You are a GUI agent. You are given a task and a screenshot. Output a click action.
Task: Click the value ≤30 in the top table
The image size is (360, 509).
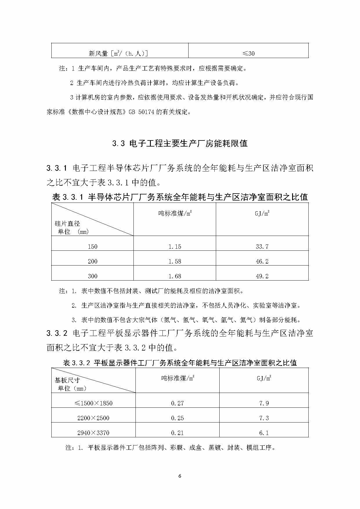(248, 53)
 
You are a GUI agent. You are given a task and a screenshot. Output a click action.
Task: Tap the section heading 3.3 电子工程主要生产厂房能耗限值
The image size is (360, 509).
(180, 143)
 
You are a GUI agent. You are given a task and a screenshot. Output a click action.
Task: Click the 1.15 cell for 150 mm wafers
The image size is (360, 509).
(175, 247)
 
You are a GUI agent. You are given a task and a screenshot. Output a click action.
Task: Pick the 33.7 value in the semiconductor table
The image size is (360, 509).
(262, 247)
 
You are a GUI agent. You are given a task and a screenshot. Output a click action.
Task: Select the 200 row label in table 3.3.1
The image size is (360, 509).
(93, 261)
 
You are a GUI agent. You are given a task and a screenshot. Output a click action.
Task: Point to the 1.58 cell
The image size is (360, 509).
(175, 261)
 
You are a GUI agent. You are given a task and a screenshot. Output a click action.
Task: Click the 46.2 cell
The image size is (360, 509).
(262, 261)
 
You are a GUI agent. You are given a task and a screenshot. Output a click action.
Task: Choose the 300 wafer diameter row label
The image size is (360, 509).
(93, 276)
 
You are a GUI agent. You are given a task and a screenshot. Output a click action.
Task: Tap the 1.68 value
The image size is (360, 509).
(175, 276)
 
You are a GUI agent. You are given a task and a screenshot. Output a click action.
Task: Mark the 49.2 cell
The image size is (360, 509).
(262, 276)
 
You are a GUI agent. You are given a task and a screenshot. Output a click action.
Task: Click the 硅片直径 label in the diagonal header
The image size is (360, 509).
(67, 224)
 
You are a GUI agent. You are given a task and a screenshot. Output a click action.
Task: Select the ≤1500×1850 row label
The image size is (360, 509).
(93, 403)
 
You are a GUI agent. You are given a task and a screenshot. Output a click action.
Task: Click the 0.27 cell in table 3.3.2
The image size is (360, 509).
(177, 403)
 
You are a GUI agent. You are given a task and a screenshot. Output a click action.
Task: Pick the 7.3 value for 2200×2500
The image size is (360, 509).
(264, 418)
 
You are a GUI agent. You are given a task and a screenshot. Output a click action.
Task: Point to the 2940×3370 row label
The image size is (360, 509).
(93, 433)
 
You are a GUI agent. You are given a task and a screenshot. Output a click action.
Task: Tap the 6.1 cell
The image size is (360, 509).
(264, 433)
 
